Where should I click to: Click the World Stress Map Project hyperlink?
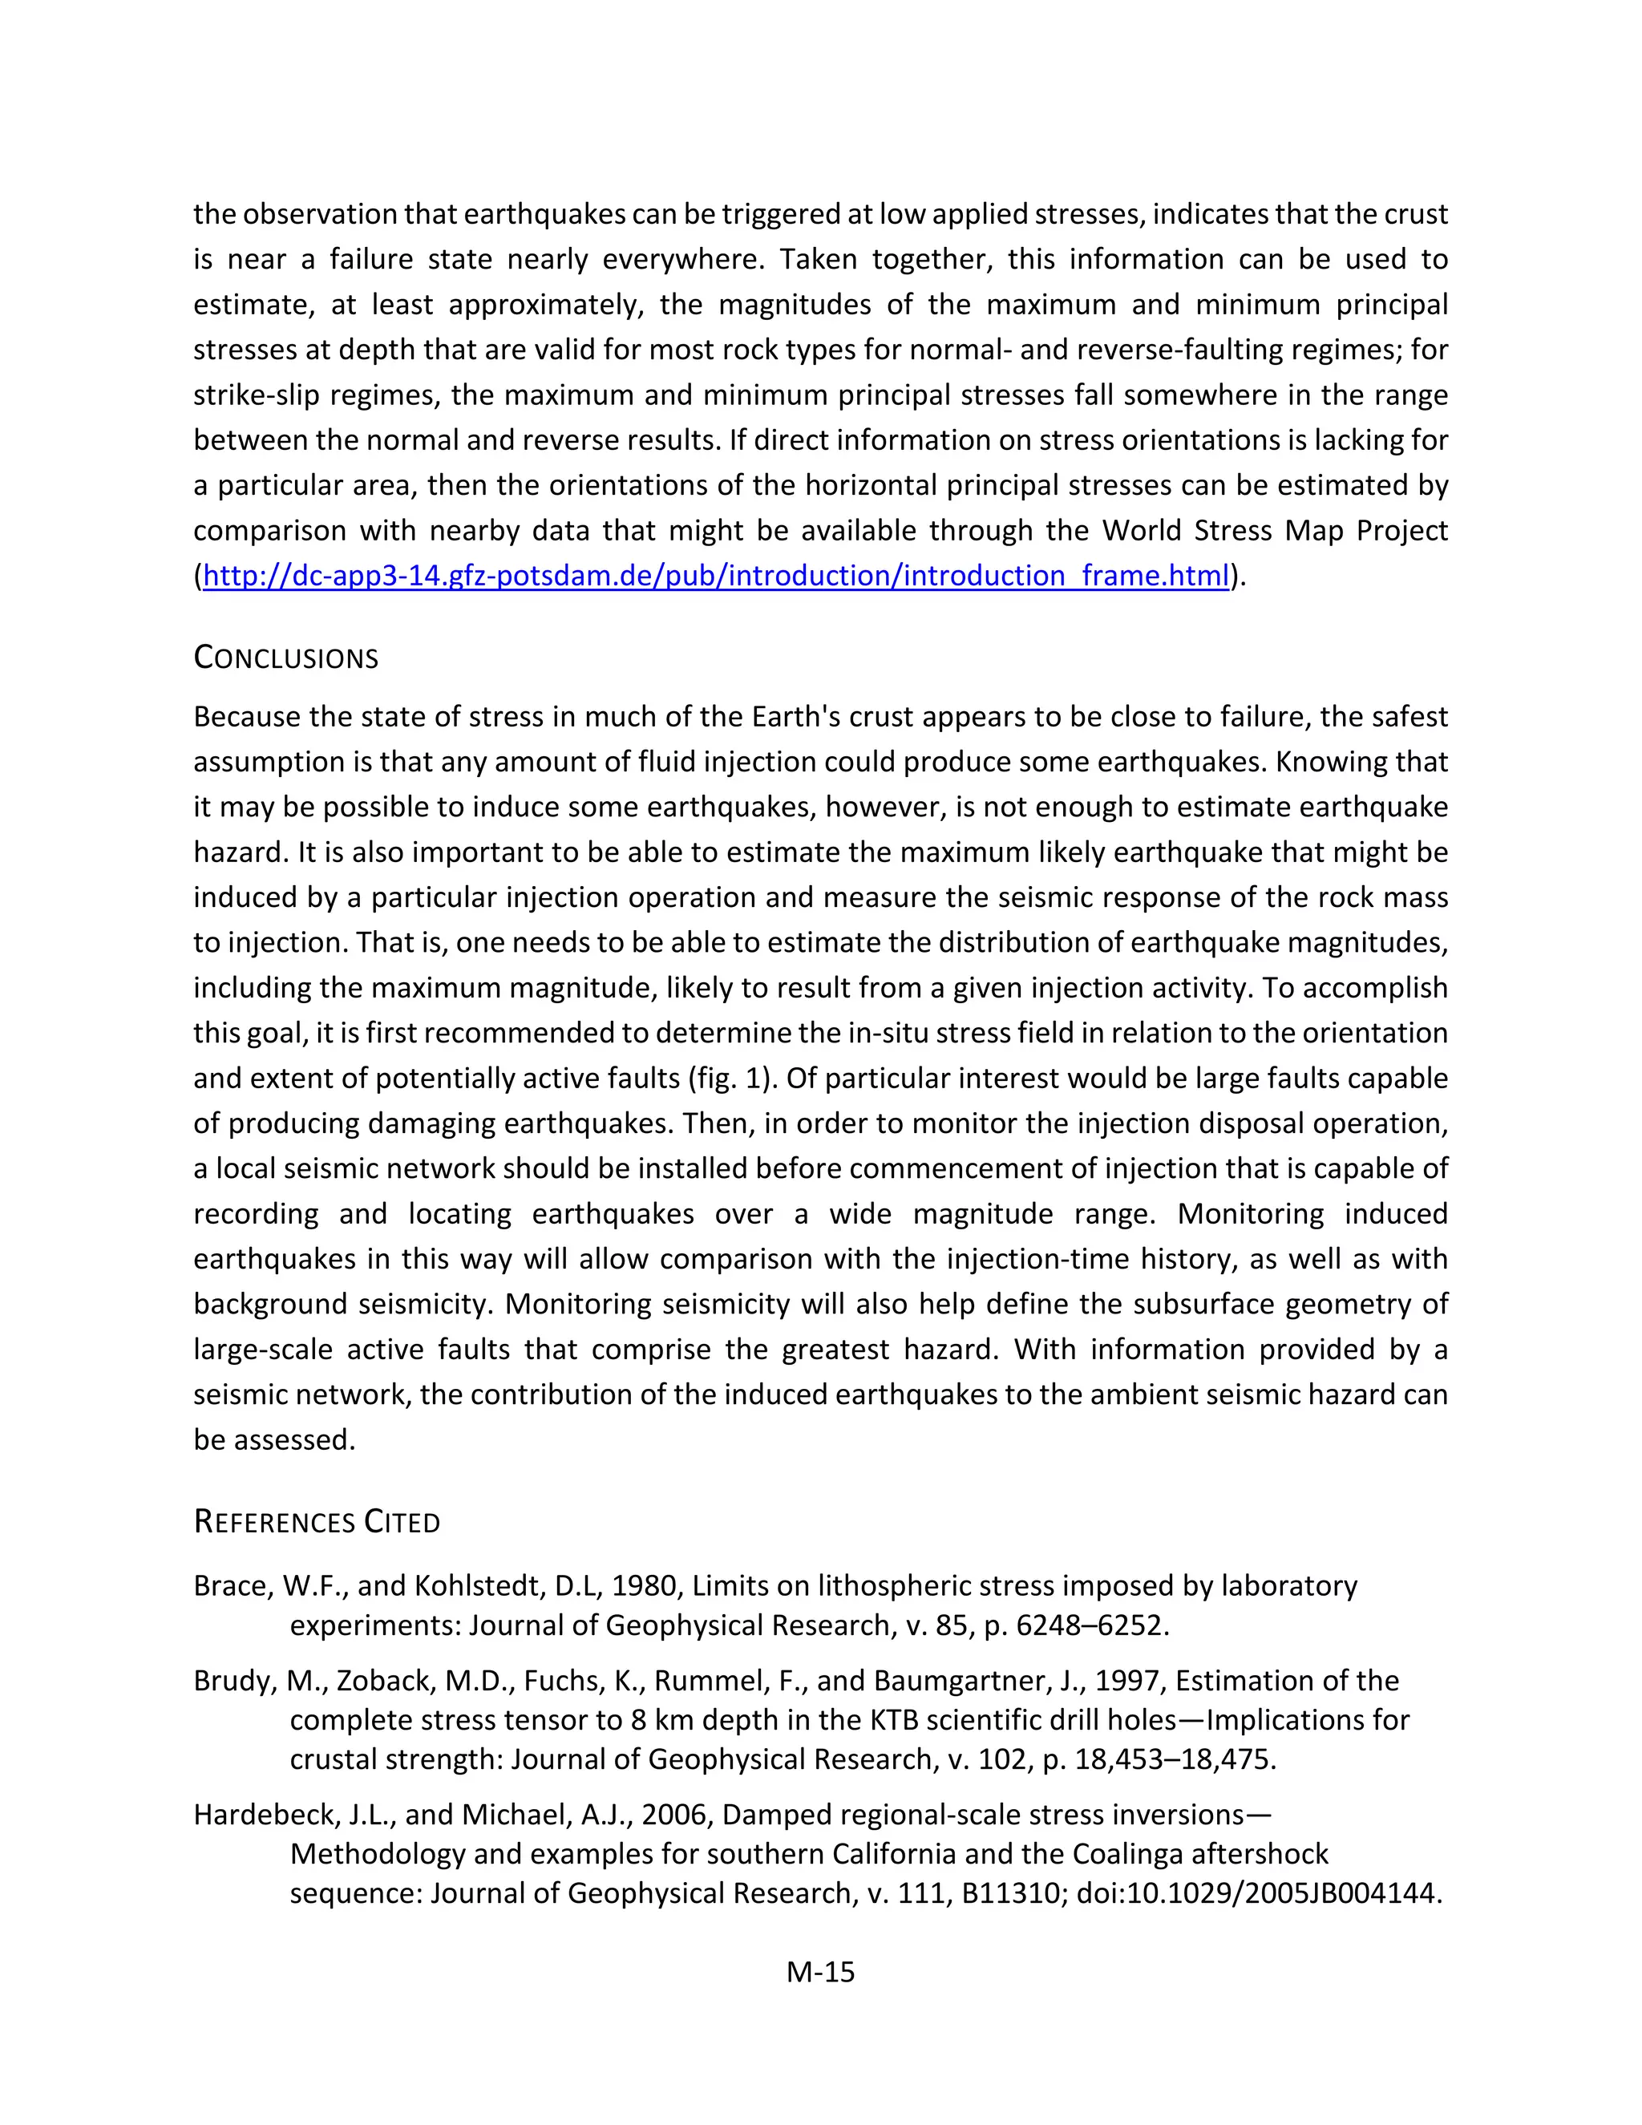pyautogui.click(x=716, y=576)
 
